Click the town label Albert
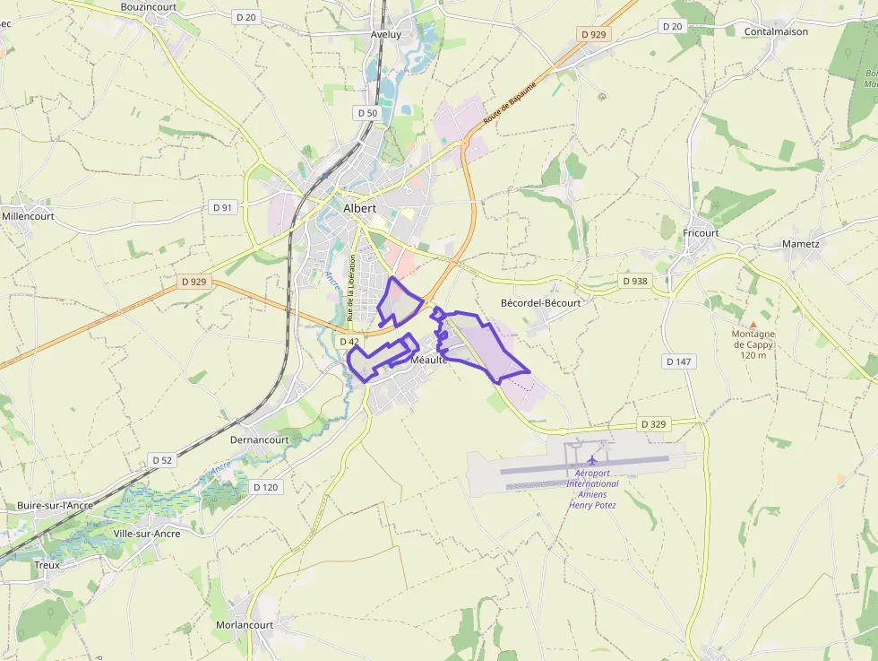[x=360, y=208]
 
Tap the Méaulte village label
[x=428, y=360]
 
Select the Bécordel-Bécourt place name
[x=540, y=303]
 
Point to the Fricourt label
[x=701, y=233]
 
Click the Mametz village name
[x=800, y=243]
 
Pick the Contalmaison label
[x=776, y=31]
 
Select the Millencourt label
[x=29, y=216]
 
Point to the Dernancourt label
[x=260, y=440]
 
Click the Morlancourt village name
[x=244, y=624]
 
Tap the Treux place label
[x=47, y=565]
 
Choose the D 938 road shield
[x=634, y=281]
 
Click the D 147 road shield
[x=680, y=361]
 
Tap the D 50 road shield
[x=367, y=113]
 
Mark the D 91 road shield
[x=223, y=207]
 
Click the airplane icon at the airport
[x=592, y=460]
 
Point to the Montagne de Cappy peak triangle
[x=753, y=325]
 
